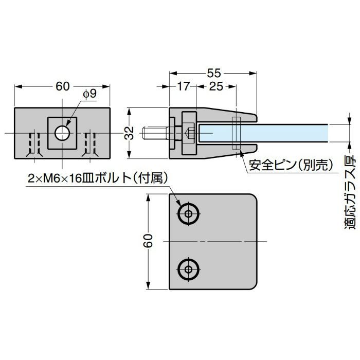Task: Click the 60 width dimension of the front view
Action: point(62,86)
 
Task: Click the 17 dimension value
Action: point(183,86)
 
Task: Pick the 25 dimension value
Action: point(216,86)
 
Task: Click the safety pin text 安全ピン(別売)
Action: point(292,166)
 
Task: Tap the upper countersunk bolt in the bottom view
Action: point(188,214)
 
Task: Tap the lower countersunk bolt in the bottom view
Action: point(188,268)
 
